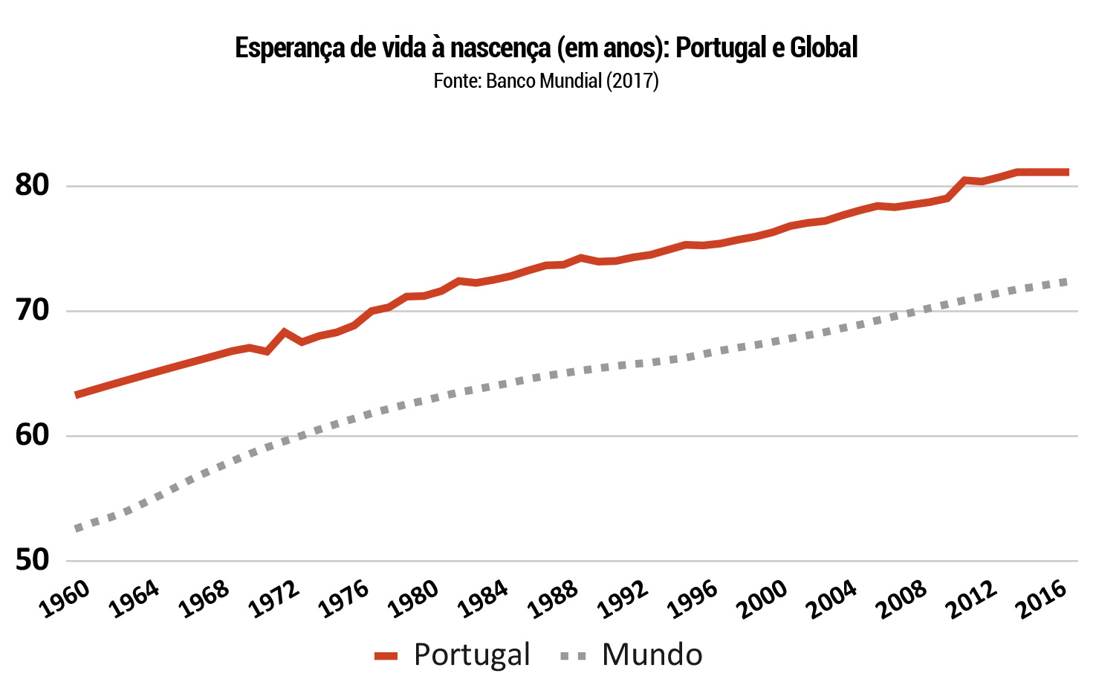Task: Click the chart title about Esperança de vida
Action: click(x=546, y=48)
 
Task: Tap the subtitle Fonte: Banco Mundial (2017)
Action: click(x=546, y=80)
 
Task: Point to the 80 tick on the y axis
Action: click(x=32, y=185)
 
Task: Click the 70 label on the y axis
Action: click(x=32, y=310)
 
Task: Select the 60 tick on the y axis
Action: click(x=32, y=435)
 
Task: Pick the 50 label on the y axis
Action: click(x=32, y=560)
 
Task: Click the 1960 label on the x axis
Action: click(x=65, y=599)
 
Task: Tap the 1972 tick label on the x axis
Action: click(x=274, y=599)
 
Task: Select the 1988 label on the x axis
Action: click(x=552, y=599)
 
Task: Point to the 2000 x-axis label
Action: click(x=762, y=599)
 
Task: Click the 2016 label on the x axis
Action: click(x=1042, y=599)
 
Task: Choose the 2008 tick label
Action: click(x=901, y=599)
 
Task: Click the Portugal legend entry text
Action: click(x=472, y=655)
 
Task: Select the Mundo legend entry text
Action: click(x=652, y=655)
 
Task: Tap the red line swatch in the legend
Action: click(x=386, y=656)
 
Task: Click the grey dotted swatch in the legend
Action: click(x=573, y=656)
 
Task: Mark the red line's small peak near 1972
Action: click(x=284, y=332)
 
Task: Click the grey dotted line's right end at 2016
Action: click(x=1066, y=281)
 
